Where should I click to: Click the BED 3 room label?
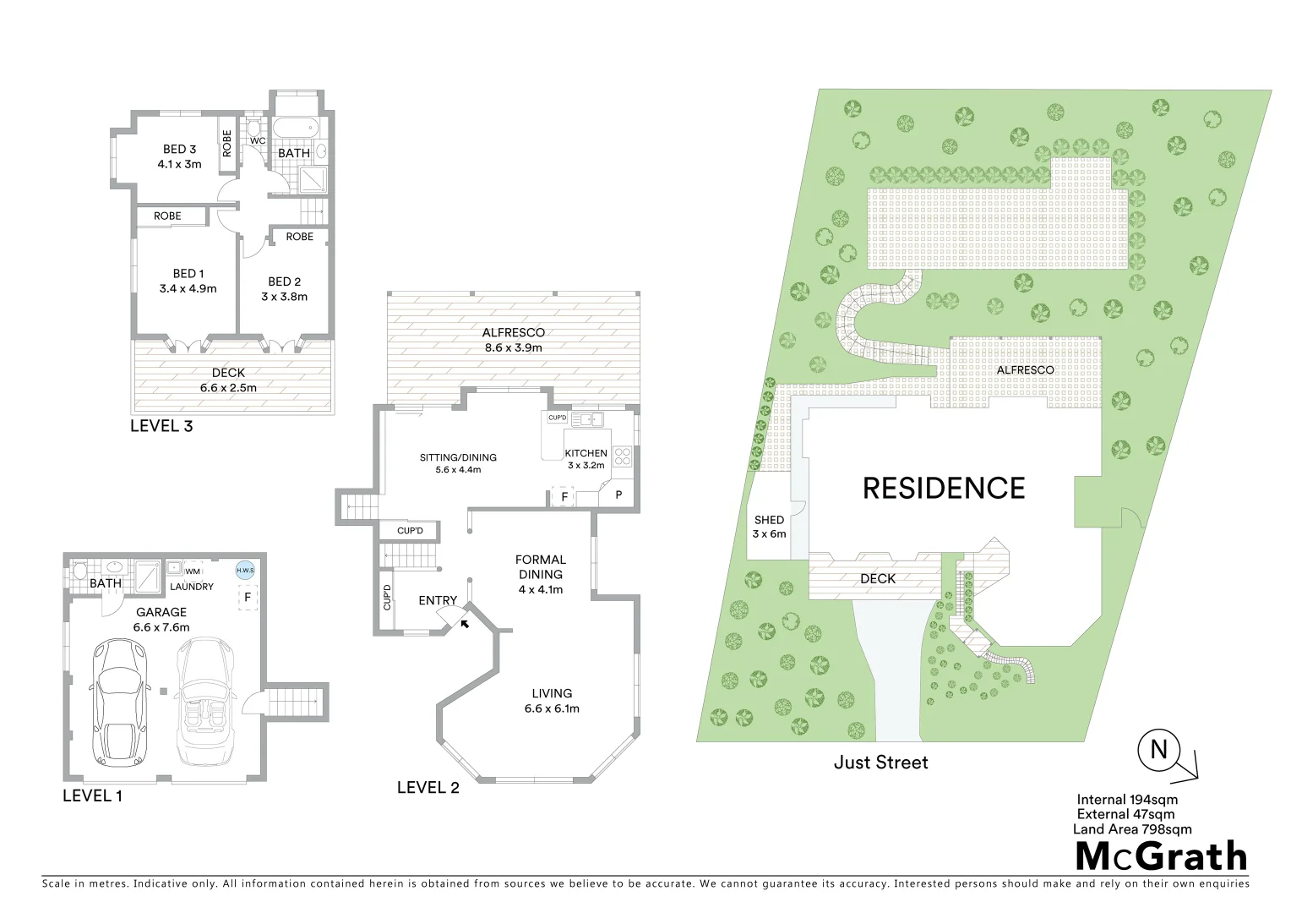point(179,156)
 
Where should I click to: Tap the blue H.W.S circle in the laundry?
point(245,571)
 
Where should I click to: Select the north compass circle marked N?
point(1158,750)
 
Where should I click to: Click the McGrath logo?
point(1161,856)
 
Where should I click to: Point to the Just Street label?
point(880,763)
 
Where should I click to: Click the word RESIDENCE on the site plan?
point(943,489)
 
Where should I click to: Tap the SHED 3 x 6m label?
point(769,527)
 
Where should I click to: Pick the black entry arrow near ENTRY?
point(463,623)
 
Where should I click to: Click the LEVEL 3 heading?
point(161,426)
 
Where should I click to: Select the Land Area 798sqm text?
point(1132,829)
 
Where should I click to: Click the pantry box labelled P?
point(618,495)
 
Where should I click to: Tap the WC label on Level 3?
point(258,141)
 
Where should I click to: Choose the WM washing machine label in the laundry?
point(193,571)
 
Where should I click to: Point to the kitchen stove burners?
point(622,456)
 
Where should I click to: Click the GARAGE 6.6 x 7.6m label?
point(160,620)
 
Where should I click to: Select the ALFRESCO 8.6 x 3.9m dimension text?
point(513,347)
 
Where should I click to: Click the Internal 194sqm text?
point(1127,799)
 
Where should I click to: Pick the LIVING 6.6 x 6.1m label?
point(552,701)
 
